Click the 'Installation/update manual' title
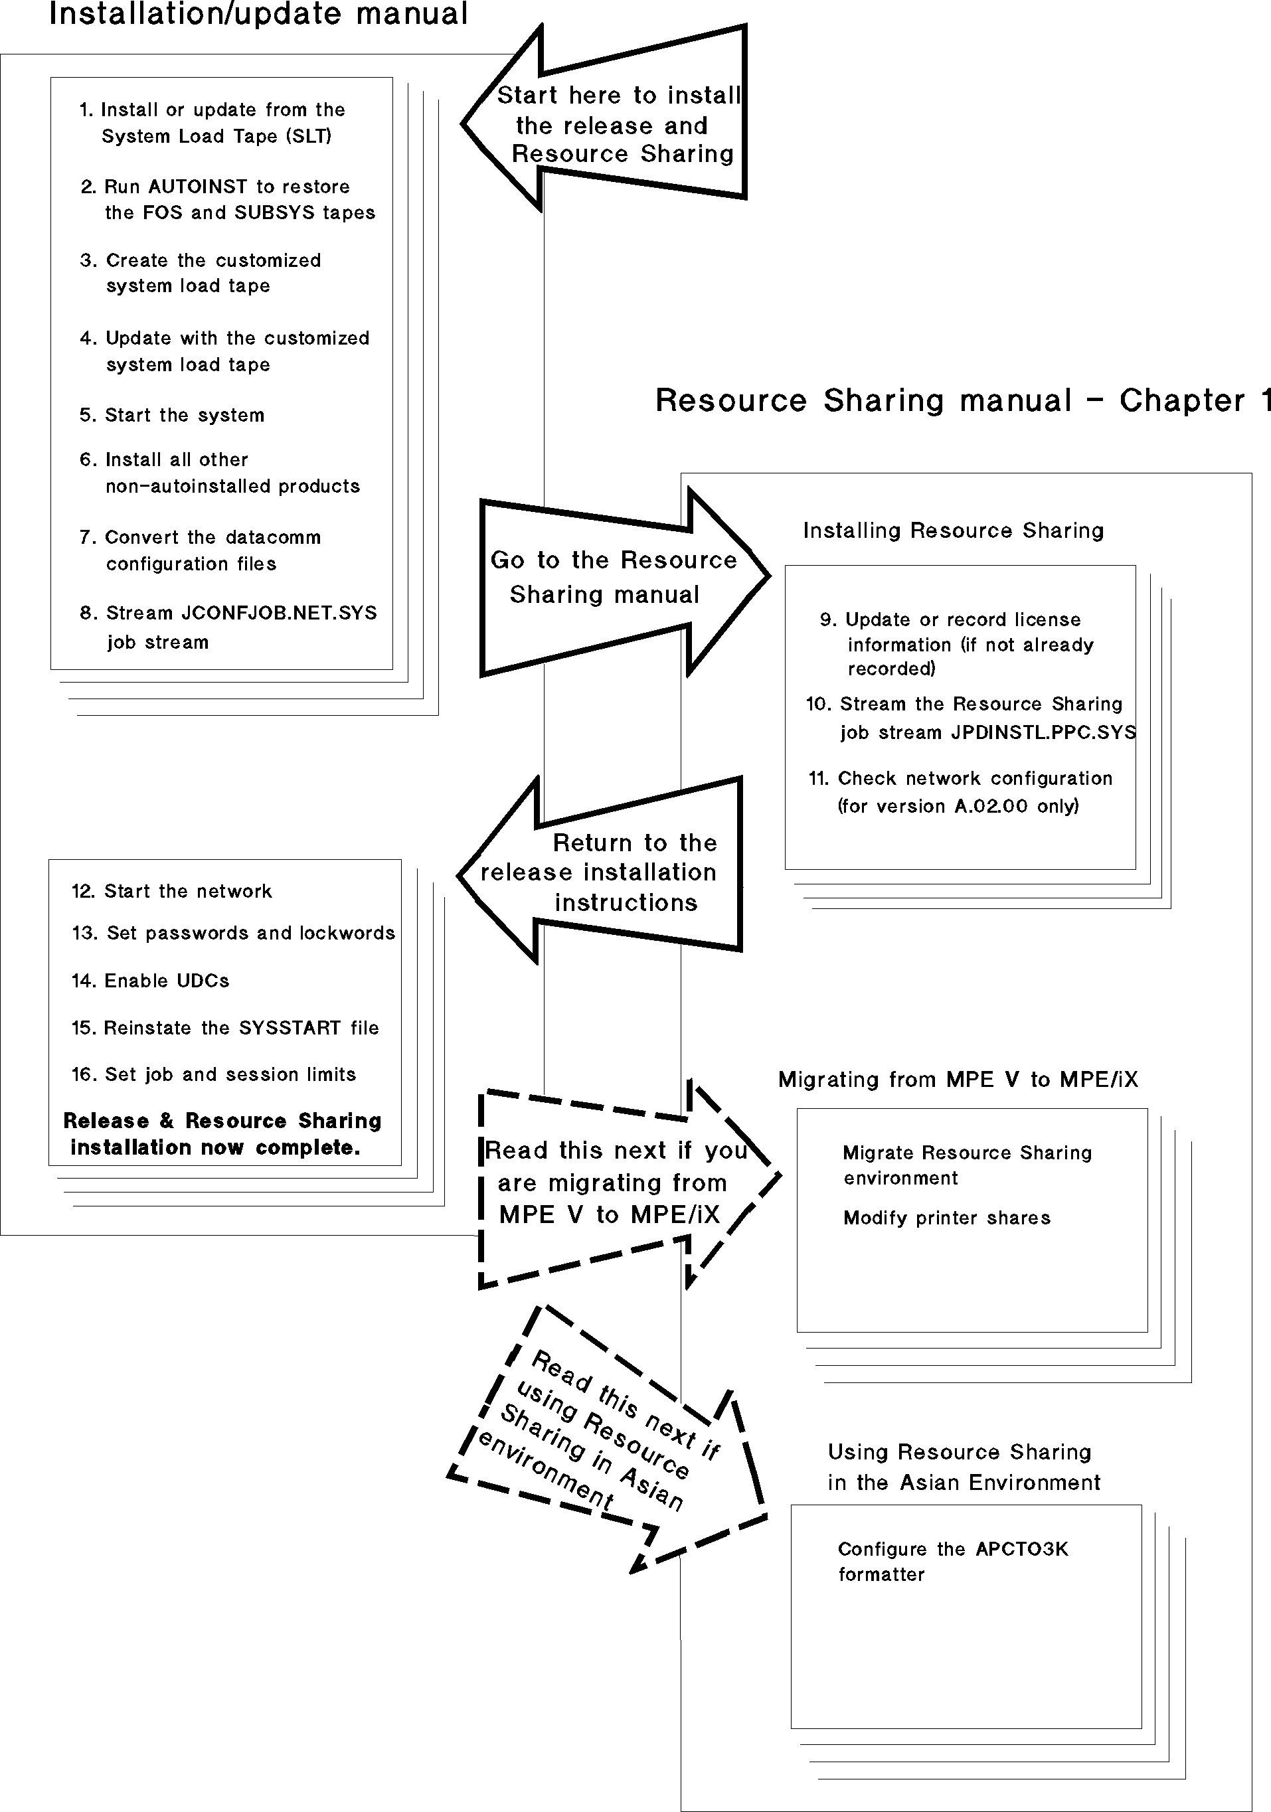[258, 14]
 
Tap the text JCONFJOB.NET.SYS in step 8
[280, 614]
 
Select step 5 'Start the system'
[172, 415]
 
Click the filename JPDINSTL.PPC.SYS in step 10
[1043, 732]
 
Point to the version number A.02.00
[991, 807]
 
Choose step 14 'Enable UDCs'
[151, 981]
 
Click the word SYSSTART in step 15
[292, 1029]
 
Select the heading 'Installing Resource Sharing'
[953, 531]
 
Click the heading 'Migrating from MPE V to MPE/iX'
[958, 1080]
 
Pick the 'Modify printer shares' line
[946, 1218]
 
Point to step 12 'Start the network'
[172, 892]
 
